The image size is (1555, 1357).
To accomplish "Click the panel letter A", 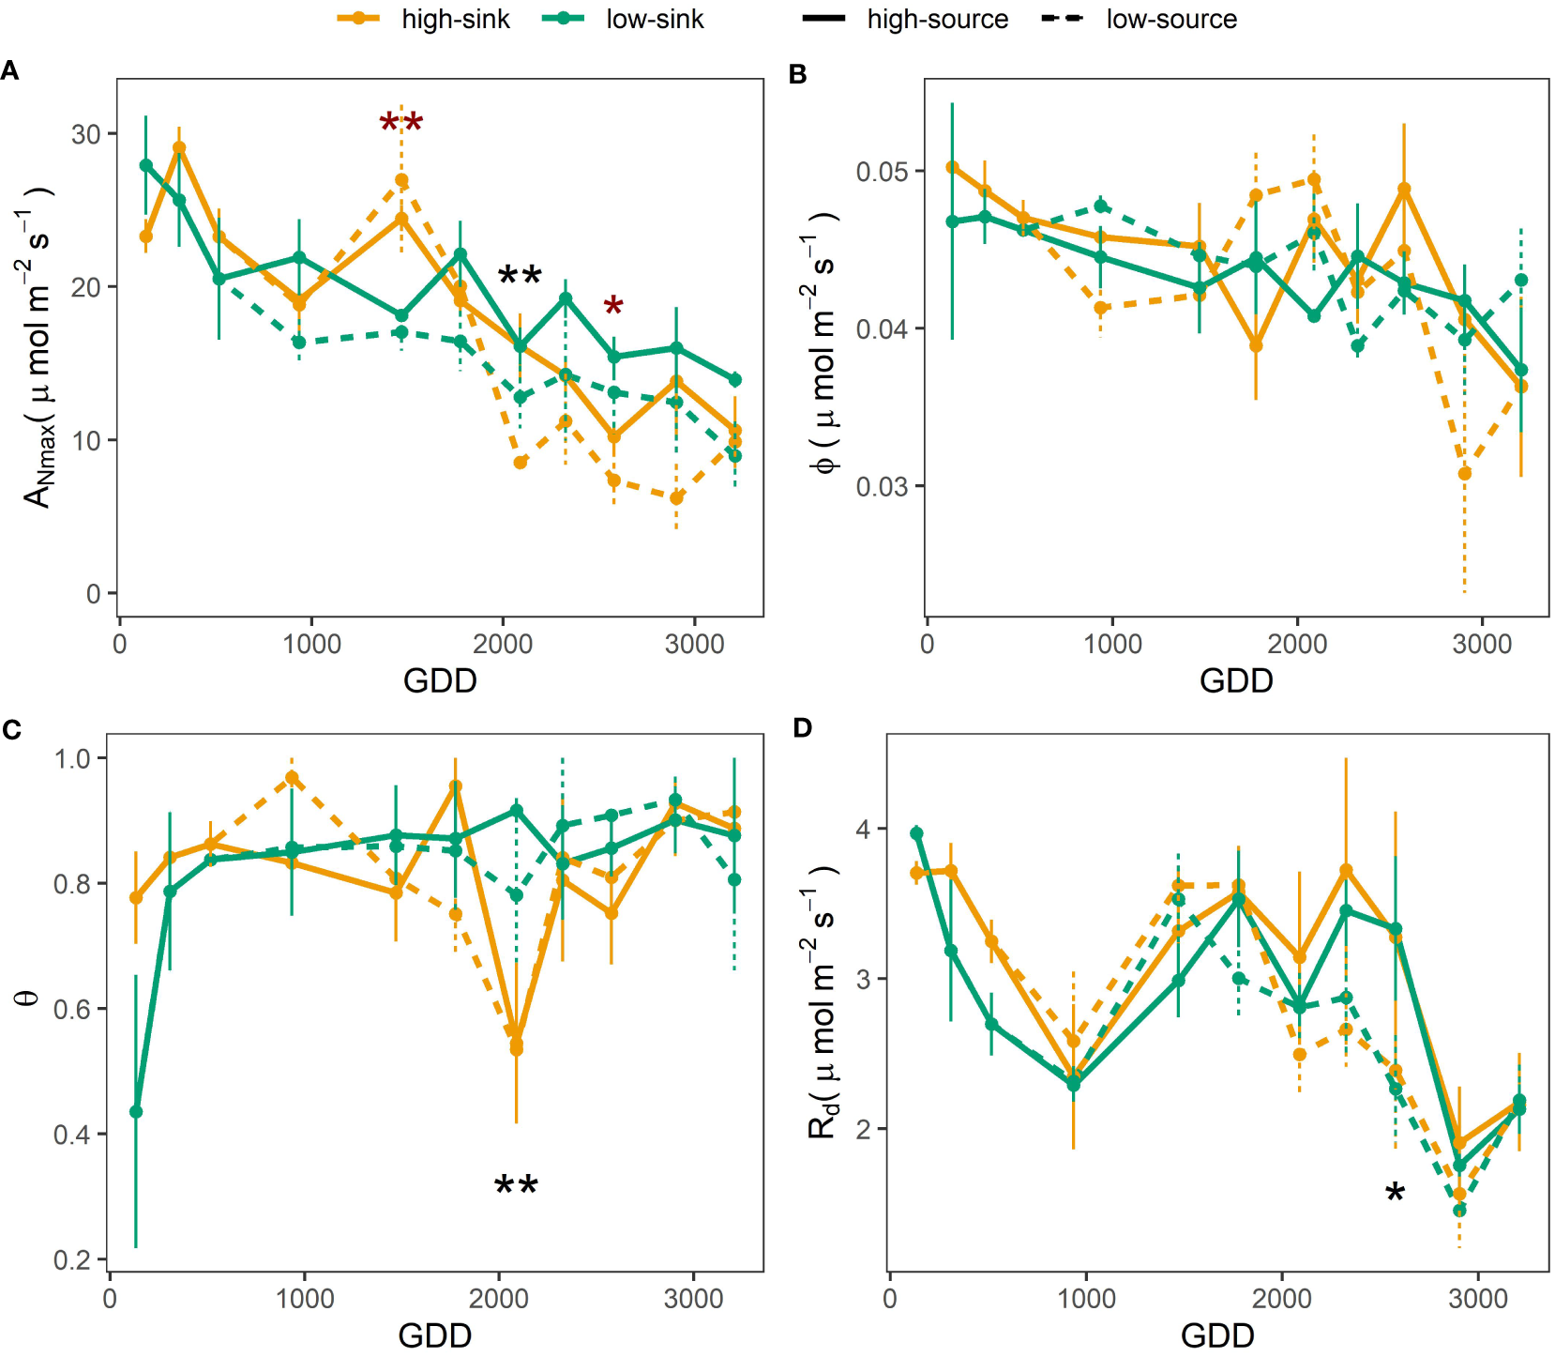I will (10, 71).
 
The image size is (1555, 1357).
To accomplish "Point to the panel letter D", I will (802, 728).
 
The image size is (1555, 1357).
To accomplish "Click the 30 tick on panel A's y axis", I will (86, 134).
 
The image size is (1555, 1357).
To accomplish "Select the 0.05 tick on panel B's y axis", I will (883, 172).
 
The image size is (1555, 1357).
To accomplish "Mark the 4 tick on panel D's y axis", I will (863, 830).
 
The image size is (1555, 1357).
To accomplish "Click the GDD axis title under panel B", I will (1235, 680).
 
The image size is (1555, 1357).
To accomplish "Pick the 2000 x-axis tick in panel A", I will (503, 645).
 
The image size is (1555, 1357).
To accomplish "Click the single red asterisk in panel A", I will (612, 306).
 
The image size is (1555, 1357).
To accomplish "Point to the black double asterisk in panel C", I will (516, 1186).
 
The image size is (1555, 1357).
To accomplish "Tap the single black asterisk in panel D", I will (1395, 1194).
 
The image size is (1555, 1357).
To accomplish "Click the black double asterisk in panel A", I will (519, 277).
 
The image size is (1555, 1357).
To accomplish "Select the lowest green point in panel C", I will (136, 1112).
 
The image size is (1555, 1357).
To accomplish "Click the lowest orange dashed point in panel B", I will (1464, 474).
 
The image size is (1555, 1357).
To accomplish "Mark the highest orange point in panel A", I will (179, 148).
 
